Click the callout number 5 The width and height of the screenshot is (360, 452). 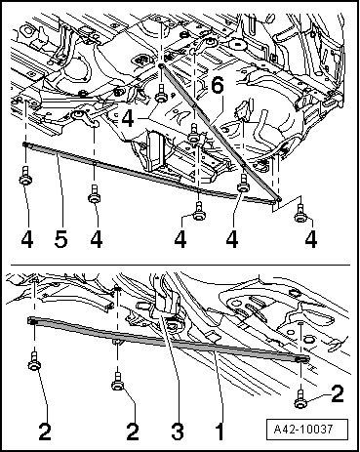coord(61,239)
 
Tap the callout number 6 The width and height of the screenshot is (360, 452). coord(217,86)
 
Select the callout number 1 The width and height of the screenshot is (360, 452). coord(220,431)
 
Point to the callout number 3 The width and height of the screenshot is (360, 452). coord(178,431)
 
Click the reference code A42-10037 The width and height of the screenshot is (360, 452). coord(303,430)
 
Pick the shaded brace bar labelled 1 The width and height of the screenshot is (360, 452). coord(169,341)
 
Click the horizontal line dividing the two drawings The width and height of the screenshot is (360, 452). coord(180,265)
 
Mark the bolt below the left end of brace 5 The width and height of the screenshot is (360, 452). coord(25,176)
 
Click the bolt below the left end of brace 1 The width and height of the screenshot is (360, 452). coord(34,361)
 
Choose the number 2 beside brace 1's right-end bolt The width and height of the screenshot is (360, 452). coord(338,393)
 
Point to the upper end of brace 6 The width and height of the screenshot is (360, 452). coord(161,65)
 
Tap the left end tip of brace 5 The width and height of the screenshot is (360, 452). coord(23,144)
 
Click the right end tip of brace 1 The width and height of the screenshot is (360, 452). coord(308,359)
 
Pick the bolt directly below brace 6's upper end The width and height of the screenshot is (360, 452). coord(161,94)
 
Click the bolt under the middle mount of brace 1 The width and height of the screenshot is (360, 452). coord(118,382)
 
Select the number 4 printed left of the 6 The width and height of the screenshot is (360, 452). coord(128,118)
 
